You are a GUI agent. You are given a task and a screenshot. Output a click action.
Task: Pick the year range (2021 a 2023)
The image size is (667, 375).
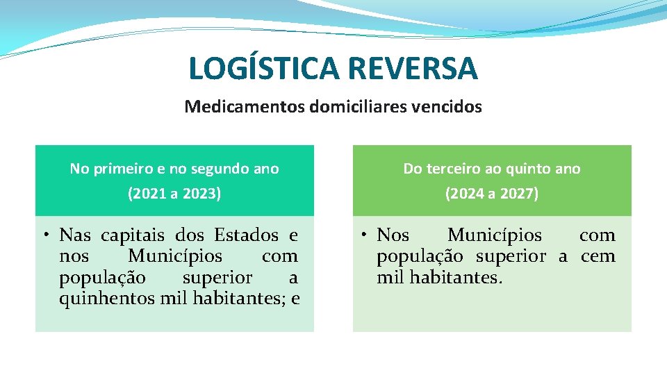tap(174, 194)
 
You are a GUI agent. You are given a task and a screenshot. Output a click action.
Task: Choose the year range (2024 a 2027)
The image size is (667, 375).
tap(491, 194)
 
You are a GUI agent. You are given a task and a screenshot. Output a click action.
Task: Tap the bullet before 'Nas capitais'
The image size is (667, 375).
tap(44, 233)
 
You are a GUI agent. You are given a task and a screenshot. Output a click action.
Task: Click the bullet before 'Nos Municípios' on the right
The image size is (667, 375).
tap(363, 233)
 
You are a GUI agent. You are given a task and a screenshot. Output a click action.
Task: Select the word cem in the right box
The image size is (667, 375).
tap(598, 256)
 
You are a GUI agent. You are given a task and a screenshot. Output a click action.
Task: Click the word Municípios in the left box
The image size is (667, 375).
tap(175, 256)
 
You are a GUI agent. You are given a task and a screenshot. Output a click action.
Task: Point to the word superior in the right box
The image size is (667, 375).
tap(511, 256)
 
